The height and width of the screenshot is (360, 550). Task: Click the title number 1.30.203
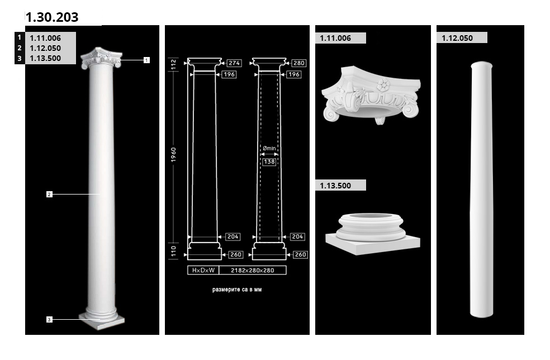point(52,17)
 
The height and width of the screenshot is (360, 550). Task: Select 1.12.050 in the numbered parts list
point(45,48)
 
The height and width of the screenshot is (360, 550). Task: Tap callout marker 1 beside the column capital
point(146,60)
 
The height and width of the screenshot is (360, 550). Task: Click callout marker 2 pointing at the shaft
point(49,194)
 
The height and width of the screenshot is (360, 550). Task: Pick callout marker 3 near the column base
point(49,320)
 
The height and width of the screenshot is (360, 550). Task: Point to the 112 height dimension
point(174,64)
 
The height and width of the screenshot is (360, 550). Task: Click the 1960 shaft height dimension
point(174,155)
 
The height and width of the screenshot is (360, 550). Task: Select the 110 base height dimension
point(174,251)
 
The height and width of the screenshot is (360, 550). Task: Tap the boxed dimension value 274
point(234,63)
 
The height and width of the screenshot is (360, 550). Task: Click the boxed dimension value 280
point(299,63)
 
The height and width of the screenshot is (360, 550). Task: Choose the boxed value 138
point(269,162)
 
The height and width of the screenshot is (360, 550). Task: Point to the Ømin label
point(269,149)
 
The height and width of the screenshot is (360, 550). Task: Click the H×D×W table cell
point(203,270)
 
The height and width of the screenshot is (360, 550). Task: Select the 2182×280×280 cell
point(253,270)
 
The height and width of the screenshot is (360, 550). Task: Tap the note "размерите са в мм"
point(237,290)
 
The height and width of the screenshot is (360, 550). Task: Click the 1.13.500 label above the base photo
point(335,186)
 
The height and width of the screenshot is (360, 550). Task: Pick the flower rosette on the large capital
point(383,85)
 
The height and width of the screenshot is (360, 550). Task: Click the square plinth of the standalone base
point(372,244)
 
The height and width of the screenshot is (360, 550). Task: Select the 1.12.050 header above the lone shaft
point(457,38)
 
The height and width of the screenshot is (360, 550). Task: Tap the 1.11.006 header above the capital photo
point(335,38)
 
